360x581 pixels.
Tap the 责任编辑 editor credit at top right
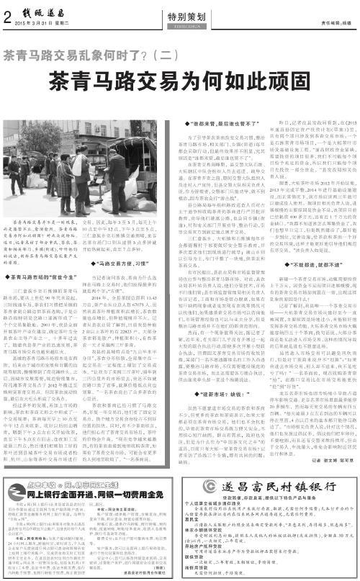coord(332,22)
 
